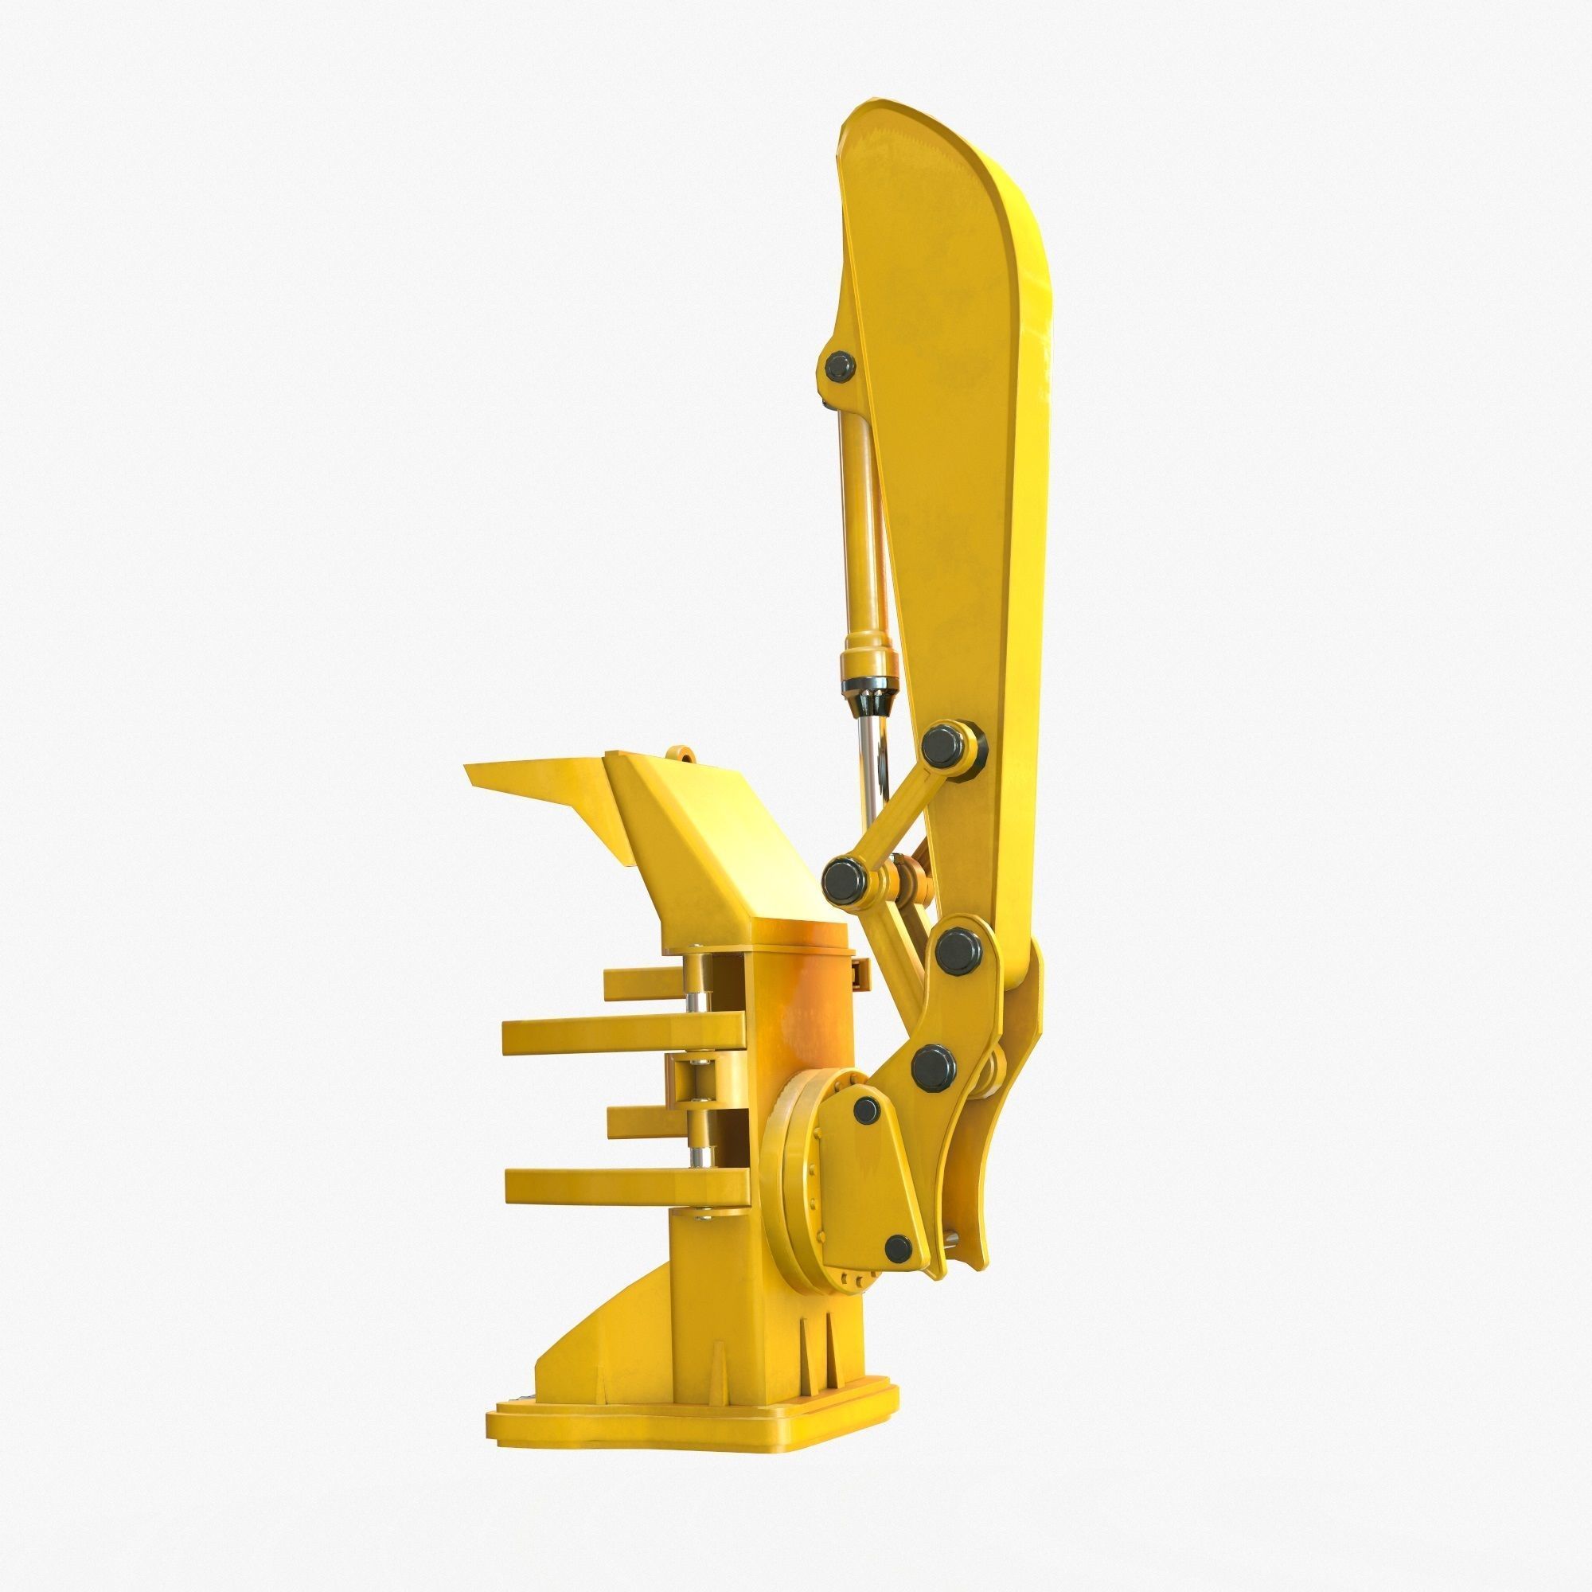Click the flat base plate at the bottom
click(693, 1392)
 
